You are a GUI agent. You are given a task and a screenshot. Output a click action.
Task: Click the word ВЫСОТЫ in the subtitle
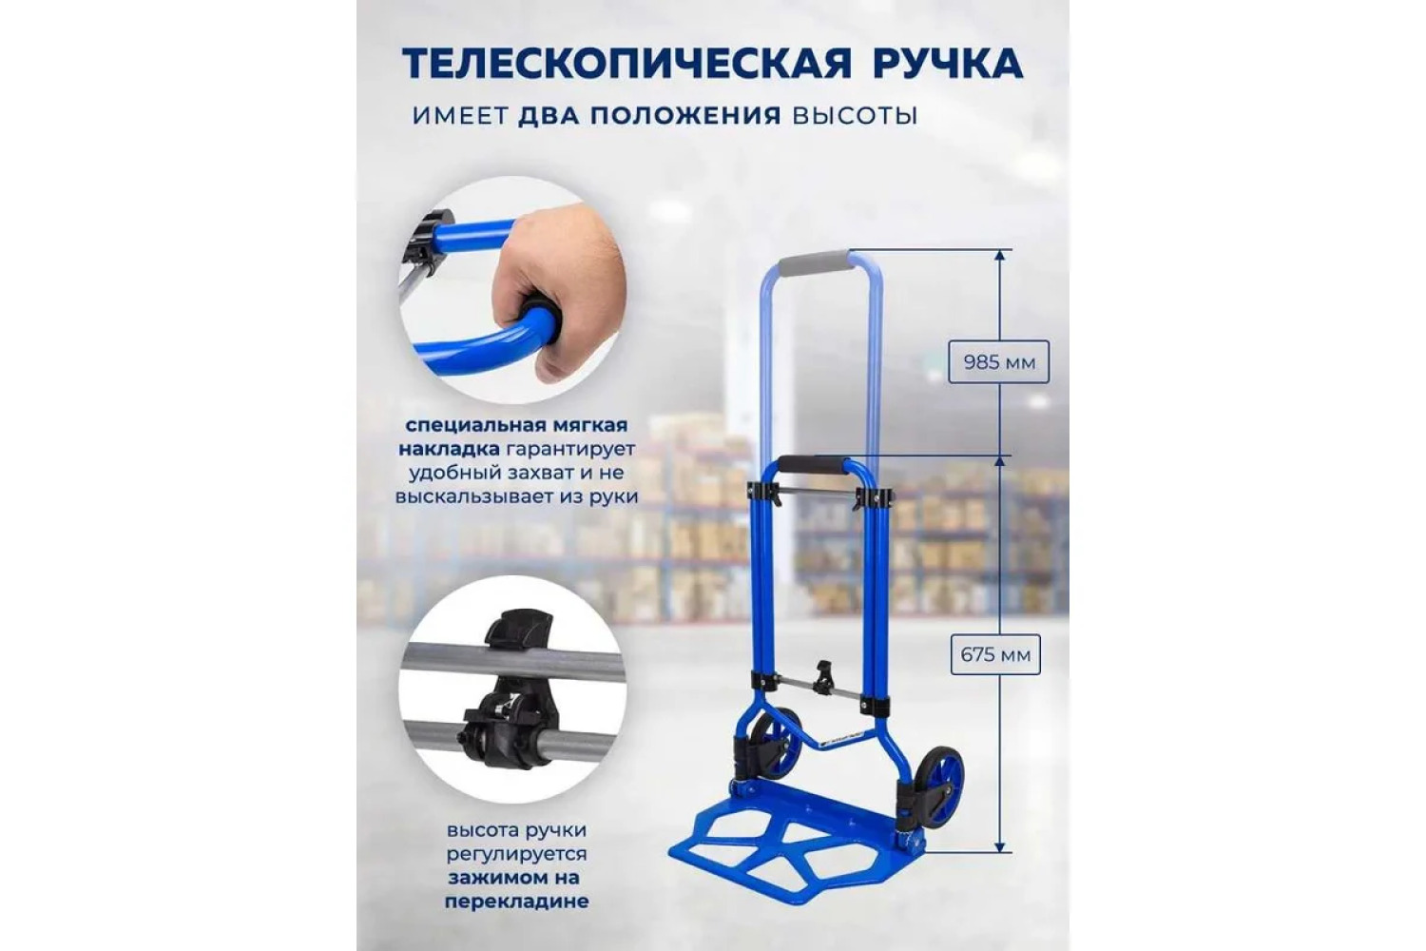pyautogui.click(x=855, y=116)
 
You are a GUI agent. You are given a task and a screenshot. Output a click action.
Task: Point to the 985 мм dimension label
pyautogui.click(x=998, y=362)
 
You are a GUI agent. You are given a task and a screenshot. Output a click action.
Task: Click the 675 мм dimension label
pyautogui.click(x=995, y=654)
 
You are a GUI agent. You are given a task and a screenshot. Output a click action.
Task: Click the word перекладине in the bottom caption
pyautogui.click(x=515, y=902)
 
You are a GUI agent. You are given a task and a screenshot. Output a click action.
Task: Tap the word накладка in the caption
pyautogui.click(x=449, y=450)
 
